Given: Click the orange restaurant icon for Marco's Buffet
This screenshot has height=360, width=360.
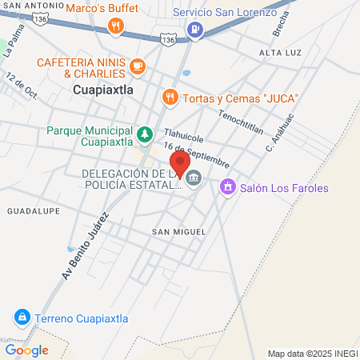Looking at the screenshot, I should [117, 27].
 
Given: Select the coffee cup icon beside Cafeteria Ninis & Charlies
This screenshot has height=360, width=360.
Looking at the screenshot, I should [138, 65].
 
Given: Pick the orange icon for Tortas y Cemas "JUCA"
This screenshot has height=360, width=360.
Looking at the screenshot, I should [170, 98].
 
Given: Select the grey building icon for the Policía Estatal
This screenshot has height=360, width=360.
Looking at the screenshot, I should [194, 181].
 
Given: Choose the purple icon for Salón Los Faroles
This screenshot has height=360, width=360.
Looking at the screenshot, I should [228, 187].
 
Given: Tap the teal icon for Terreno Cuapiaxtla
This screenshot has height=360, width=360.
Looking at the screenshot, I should [22, 318].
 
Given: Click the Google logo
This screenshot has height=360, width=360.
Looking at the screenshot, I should [26, 350].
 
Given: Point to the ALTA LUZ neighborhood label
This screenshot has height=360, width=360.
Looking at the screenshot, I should [278, 52].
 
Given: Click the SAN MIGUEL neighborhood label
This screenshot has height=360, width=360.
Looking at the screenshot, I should [173, 231].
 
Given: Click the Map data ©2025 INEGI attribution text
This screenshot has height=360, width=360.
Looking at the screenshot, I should [310, 353].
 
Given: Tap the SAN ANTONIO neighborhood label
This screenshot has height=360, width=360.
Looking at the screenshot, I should [30, 6].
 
